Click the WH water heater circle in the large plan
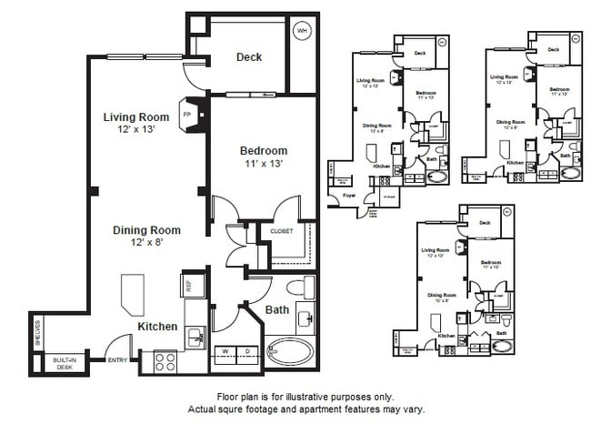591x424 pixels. point(302,30)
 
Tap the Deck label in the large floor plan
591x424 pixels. point(248,57)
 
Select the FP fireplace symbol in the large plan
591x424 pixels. point(188,116)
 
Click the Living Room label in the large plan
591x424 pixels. point(135,117)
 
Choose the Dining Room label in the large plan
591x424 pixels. point(146,230)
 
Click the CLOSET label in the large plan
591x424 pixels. point(282,232)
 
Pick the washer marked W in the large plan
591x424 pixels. point(225,350)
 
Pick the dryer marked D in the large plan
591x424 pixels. point(246,350)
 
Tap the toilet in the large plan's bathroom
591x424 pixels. point(296,289)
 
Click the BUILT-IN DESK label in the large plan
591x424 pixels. point(64,363)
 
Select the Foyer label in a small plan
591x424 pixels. point(347,194)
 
